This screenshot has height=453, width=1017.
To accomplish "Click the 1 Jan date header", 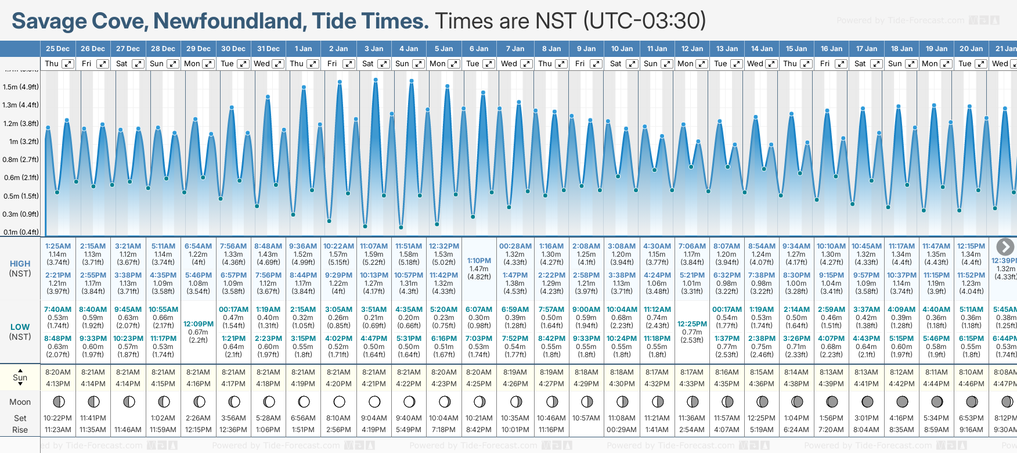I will (x=303, y=49).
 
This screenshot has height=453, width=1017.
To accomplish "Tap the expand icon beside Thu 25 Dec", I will (x=68, y=64).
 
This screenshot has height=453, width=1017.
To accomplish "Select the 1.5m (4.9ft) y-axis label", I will (x=21, y=87).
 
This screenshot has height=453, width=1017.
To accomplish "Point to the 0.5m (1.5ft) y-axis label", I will (x=21, y=196).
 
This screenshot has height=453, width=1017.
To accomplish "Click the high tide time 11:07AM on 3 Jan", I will (x=374, y=246).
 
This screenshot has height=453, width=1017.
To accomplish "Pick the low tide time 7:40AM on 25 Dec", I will (x=58, y=310).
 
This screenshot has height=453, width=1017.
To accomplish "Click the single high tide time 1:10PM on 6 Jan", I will (x=479, y=261).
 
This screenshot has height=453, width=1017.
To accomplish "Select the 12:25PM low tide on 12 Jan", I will (x=692, y=324).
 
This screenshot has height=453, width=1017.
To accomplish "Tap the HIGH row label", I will (x=20, y=264).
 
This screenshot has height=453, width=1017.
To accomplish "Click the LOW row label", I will (x=20, y=327).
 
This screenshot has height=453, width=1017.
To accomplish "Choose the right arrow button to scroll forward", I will (x=1005, y=246).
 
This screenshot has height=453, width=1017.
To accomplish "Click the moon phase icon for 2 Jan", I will (x=339, y=401).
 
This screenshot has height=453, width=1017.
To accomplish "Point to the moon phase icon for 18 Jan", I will (x=902, y=401).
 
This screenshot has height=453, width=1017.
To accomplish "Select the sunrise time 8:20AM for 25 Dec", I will (x=58, y=372).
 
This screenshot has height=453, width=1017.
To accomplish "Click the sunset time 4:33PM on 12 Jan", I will (x=692, y=384).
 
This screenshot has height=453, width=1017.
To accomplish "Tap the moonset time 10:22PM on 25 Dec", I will (x=58, y=418).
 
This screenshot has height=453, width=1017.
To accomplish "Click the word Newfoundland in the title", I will (x=229, y=21).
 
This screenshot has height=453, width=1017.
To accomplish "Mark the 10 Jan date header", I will (x=622, y=49).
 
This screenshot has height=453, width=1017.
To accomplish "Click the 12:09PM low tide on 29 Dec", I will (x=199, y=324).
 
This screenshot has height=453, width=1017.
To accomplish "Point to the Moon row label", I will (x=20, y=402).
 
